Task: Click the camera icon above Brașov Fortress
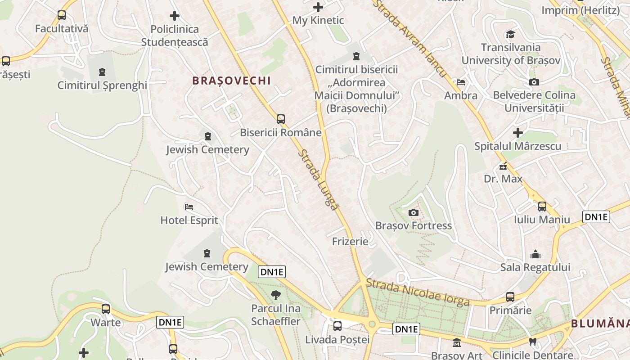[413, 212]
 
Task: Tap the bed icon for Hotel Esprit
[189, 207]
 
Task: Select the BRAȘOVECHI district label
[231, 81]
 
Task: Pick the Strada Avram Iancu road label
[410, 39]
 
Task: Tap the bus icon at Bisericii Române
[281, 119]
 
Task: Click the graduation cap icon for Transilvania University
[510, 35]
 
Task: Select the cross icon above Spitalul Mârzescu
[518, 133]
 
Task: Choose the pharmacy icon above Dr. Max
[503, 166]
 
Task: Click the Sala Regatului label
[535, 267]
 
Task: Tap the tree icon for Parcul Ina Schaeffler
[275, 295]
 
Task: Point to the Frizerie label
[350, 242]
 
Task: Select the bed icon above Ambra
[461, 82]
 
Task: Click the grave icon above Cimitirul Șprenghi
[102, 72]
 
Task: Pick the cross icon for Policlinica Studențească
[175, 16]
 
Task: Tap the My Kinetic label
[318, 20]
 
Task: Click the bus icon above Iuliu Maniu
[542, 207]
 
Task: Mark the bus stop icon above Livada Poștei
[337, 326]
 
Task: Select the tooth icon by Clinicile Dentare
[533, 342]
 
